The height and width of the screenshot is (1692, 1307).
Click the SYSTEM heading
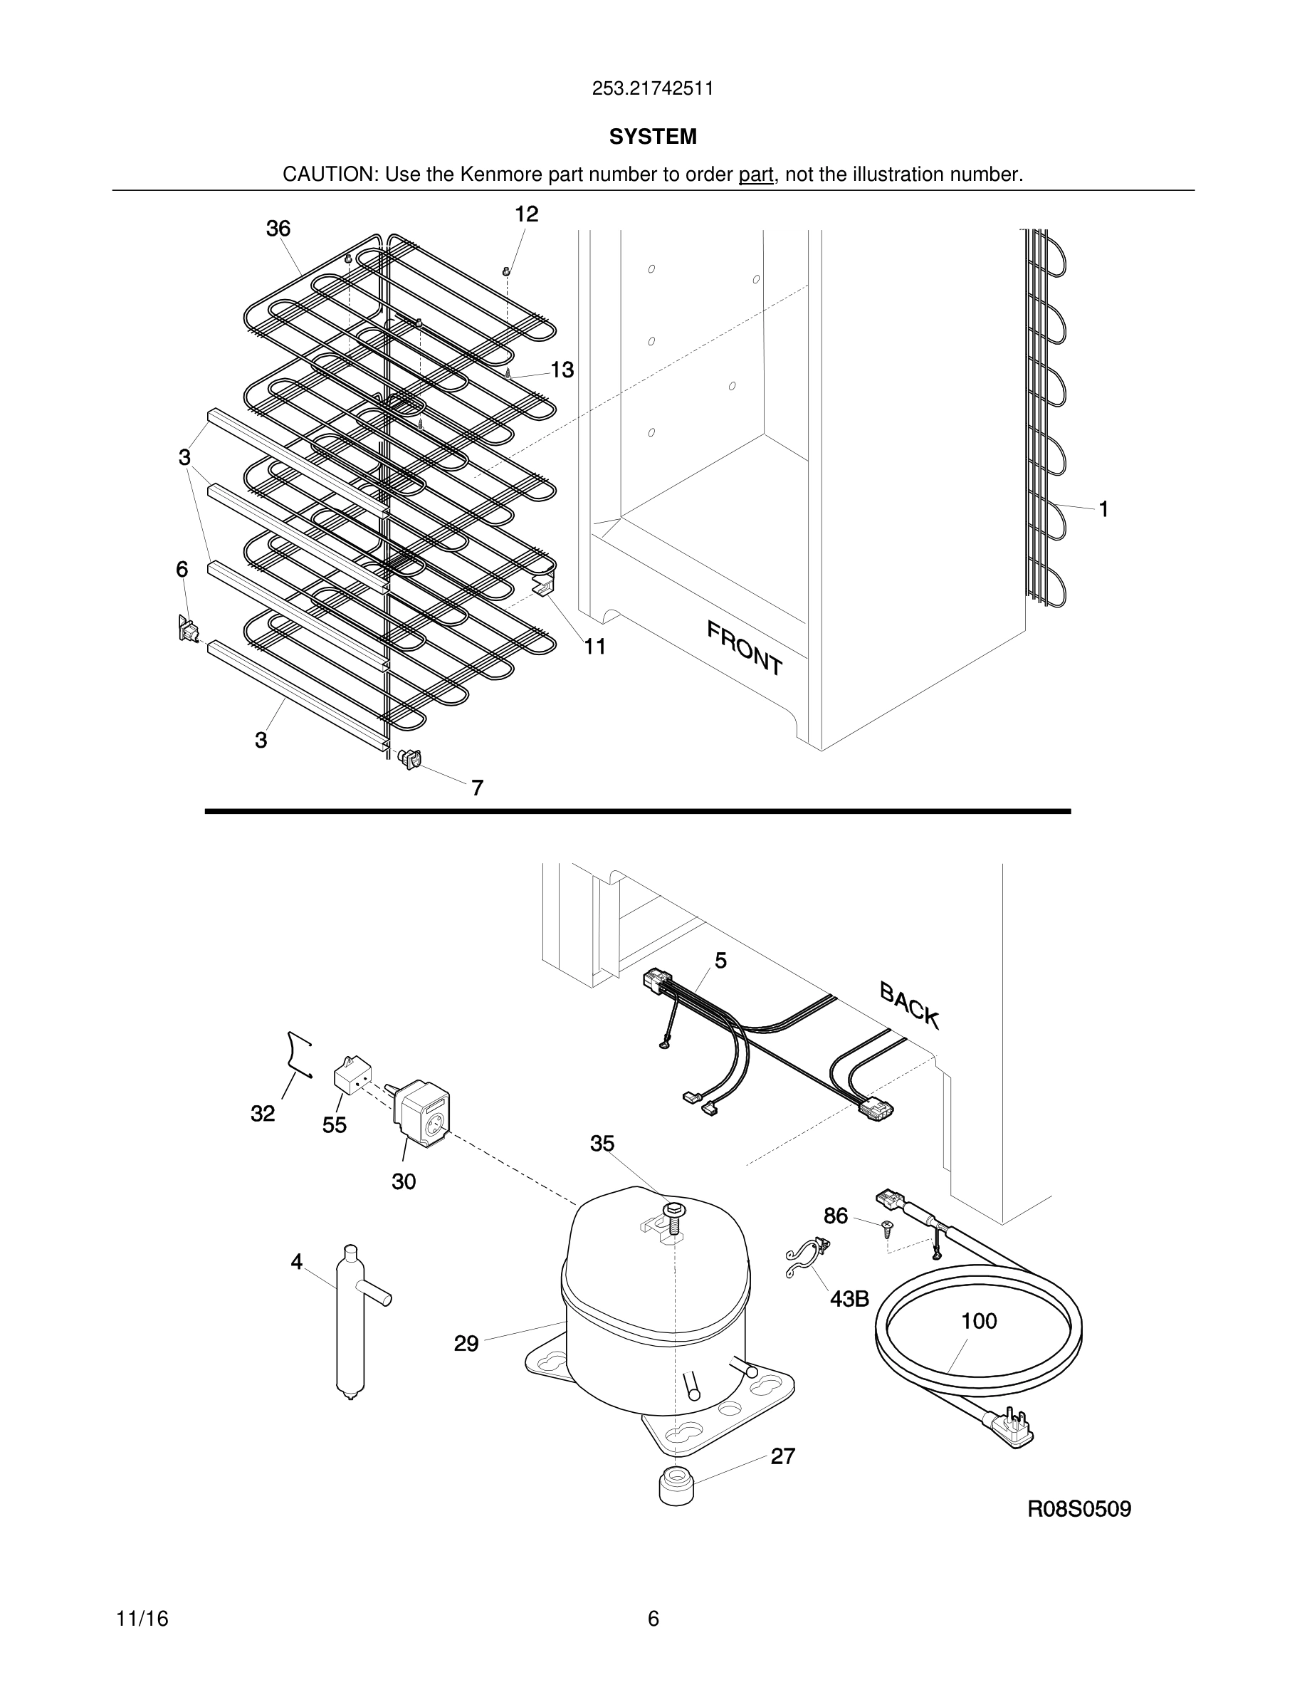tap(652, 137)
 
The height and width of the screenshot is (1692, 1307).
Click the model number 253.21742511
tap(652, 89)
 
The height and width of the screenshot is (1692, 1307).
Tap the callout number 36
tap(278, 229)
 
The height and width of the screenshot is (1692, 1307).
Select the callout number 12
tap(527, 214)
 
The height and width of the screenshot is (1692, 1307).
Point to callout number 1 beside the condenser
tap(1103, 509)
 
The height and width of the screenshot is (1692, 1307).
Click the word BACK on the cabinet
tap(910, 1006)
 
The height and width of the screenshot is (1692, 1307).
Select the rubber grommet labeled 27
tap(676, 1485)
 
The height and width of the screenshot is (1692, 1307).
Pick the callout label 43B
tap(849, 1299)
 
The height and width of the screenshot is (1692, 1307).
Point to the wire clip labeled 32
tap(298, 1054)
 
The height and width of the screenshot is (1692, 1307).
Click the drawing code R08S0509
tap(1078, 1509)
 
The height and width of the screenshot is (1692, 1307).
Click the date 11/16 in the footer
tap(142, 1619)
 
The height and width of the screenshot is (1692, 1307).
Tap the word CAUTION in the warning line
tap(329, 175)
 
